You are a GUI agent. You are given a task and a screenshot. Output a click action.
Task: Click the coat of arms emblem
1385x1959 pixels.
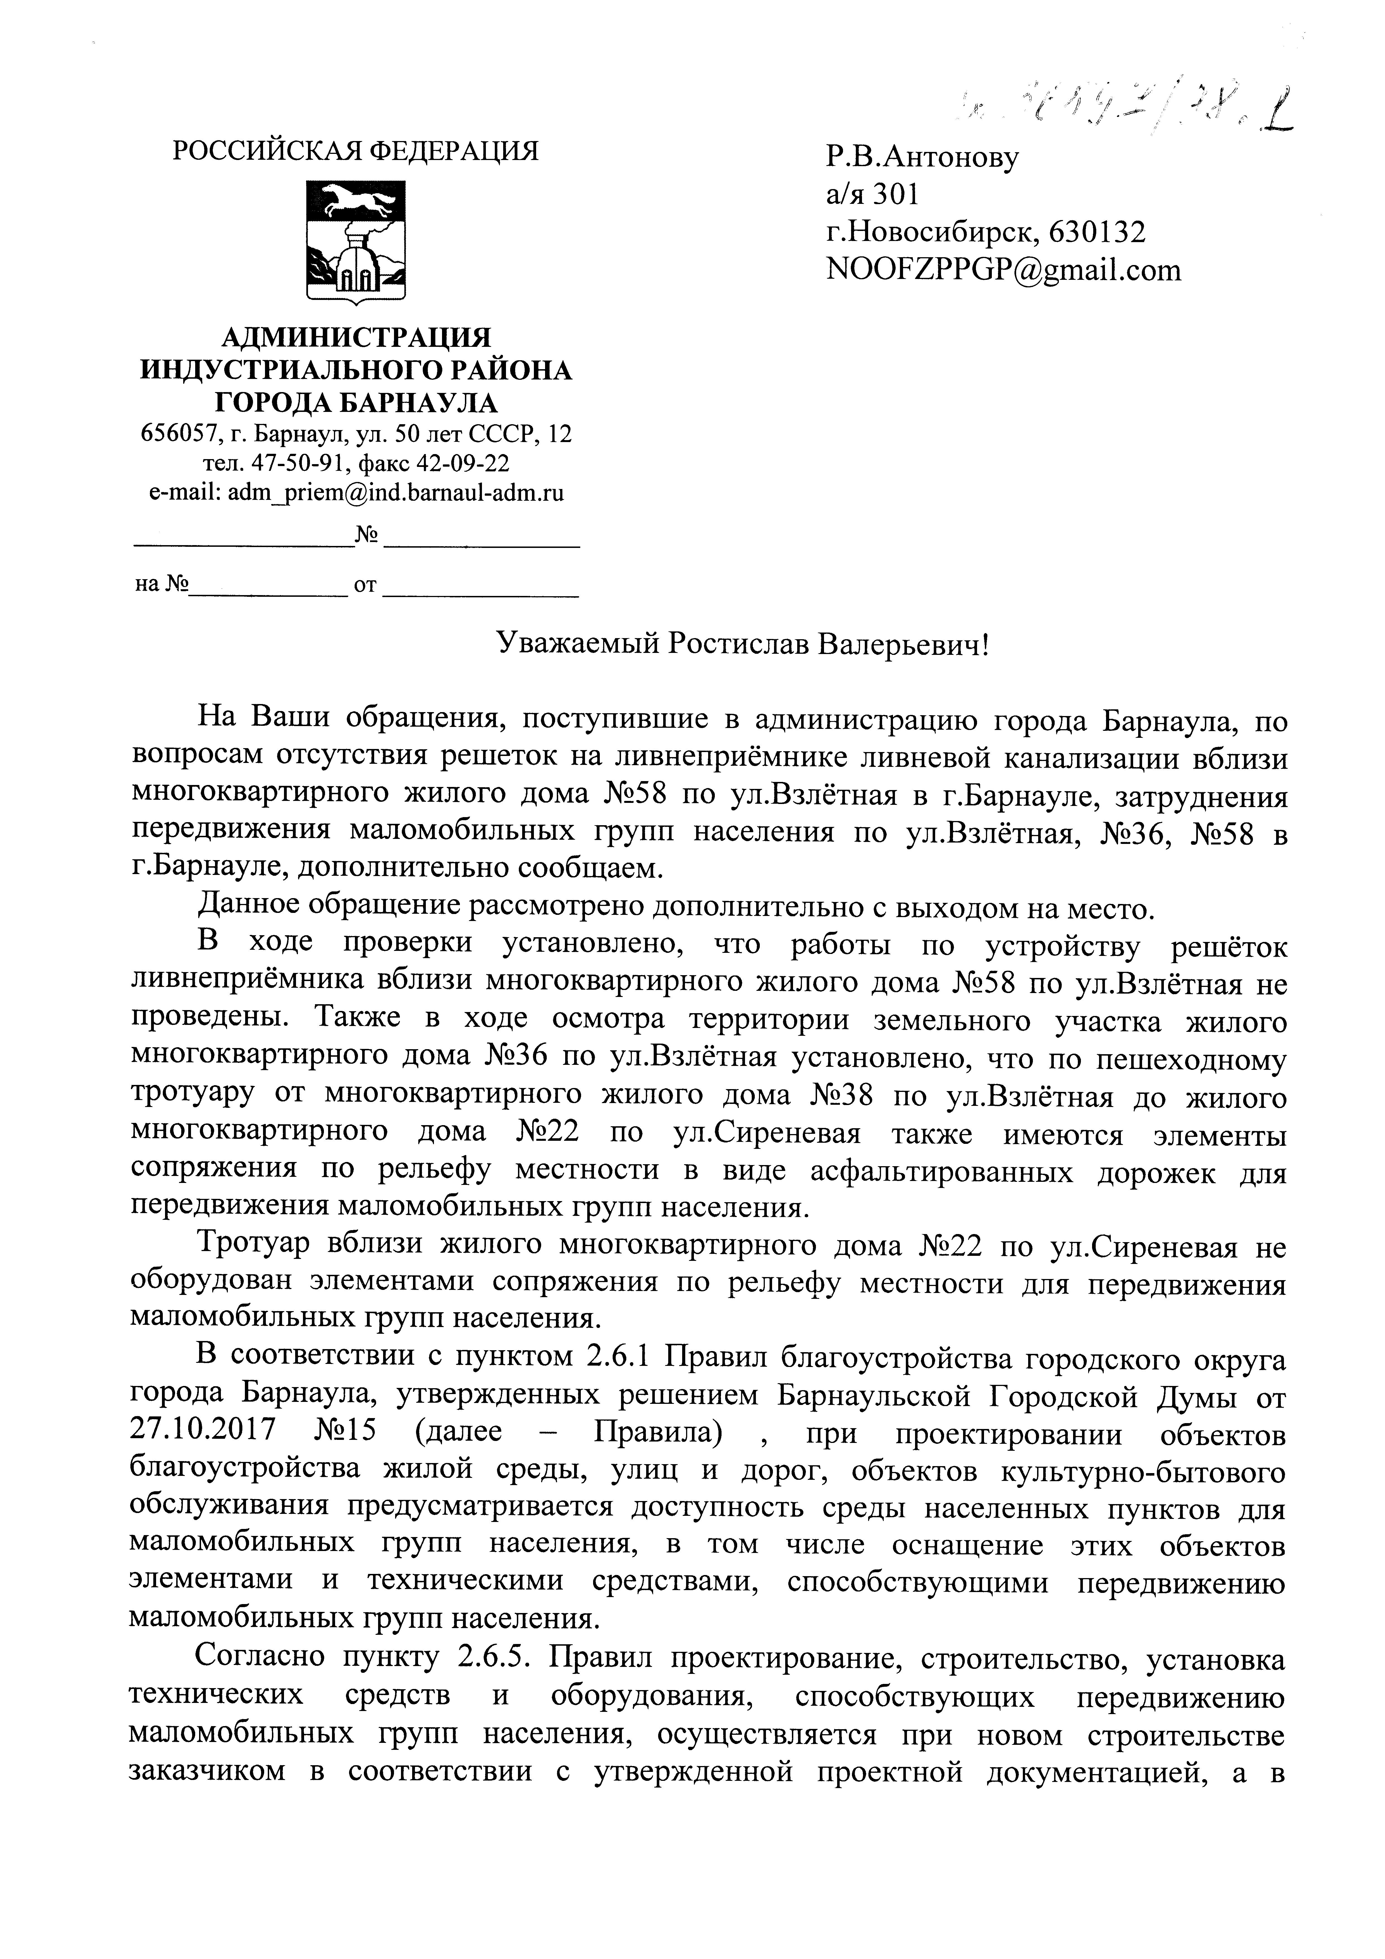point(356,241)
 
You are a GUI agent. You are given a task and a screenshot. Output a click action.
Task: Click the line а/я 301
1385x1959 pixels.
point(872,195)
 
